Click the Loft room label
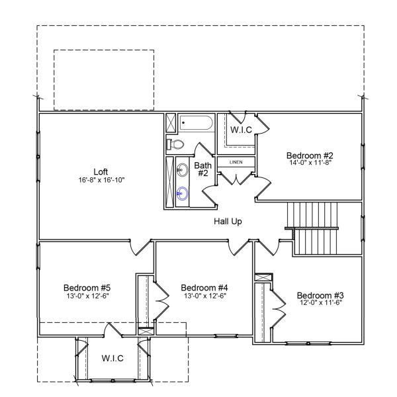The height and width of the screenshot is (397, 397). click(x=101, y=169)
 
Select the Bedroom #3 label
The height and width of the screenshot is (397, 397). click(x=320, y=294)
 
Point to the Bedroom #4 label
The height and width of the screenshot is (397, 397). click(x=204, y=288)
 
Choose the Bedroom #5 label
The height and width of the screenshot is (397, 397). click(x=87, y=288)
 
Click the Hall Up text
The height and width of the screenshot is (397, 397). click(x=227, y=221)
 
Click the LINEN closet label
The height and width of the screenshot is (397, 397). click(x=236, y=162)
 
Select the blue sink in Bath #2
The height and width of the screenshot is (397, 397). click(x=183, y=194)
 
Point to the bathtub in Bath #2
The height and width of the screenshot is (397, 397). click(x=197, y=123)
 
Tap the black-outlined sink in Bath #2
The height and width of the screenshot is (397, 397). click(x=183, y=171)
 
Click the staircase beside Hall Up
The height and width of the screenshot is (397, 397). click(x=315, y=228)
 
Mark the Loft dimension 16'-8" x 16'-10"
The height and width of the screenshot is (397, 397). click(x=101, y=179)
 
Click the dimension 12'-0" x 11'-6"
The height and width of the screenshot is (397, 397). click(x=320, y=302)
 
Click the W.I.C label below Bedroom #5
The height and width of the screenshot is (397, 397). click(x=112, y=358)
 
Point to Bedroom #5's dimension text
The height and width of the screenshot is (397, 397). click(x=87, y=296)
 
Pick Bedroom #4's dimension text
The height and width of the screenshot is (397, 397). click(x=204, y=296)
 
